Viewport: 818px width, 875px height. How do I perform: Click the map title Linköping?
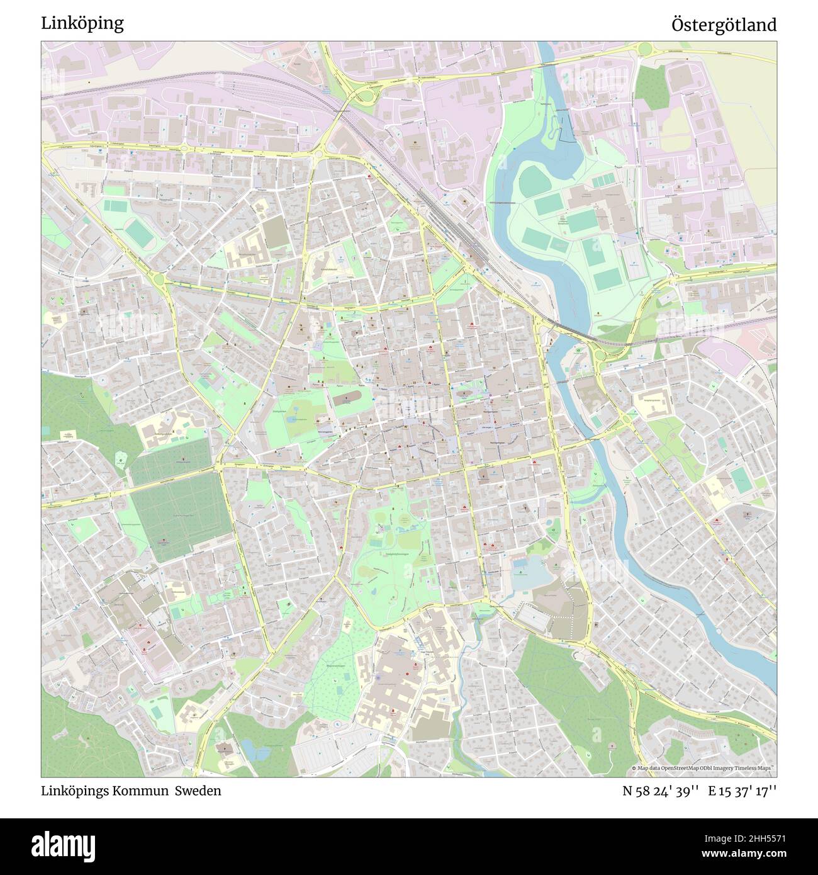coord(82,23)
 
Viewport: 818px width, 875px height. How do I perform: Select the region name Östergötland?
coord(724,25)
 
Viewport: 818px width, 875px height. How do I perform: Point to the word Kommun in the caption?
coord(142,791)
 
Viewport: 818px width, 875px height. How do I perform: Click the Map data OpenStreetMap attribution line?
coord(702,769)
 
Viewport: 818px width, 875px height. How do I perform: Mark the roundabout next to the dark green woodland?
coord(644,49)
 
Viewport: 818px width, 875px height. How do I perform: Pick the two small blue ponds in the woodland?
coord(251,749)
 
